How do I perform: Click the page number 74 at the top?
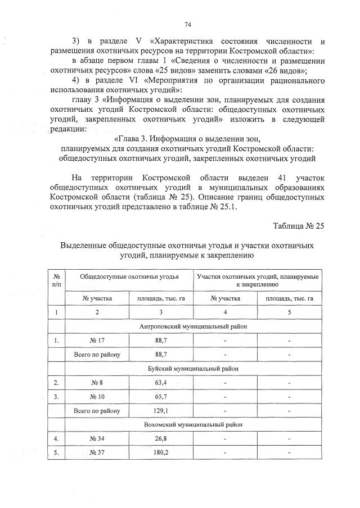tap(187, 25)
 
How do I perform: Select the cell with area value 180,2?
tap(161, 452)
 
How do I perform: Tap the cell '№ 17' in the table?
tap(97, 341)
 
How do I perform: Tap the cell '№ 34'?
tap(97, 438)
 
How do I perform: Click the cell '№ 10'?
tap(97, 396)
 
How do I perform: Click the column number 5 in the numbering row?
tap(289, 312)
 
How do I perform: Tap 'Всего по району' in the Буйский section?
tap(97, 410)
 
